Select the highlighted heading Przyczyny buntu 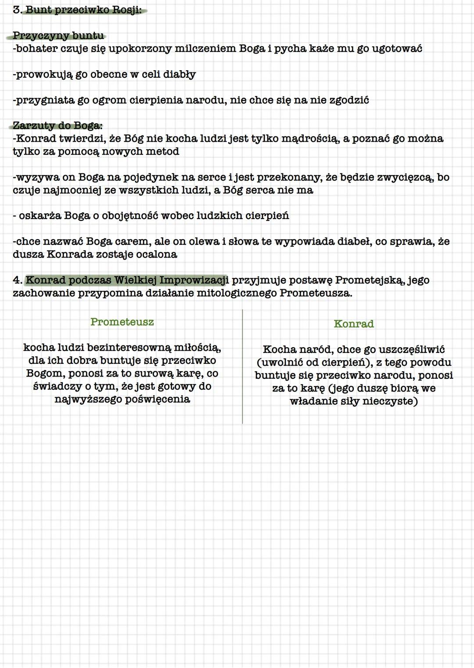58,36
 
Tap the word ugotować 397,48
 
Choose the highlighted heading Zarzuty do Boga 57,126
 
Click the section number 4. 17,280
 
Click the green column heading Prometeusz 122,322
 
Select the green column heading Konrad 354,324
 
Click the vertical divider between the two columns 242,366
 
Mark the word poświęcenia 158,399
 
